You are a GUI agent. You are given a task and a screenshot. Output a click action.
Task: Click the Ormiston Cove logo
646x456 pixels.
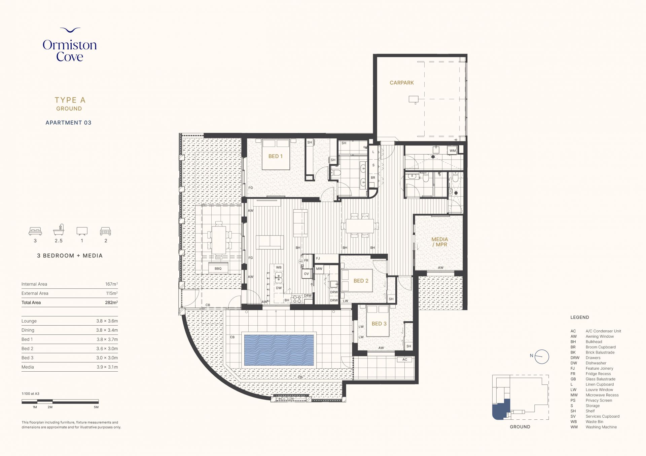70,45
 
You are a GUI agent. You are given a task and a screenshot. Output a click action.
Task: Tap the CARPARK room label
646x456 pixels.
402,83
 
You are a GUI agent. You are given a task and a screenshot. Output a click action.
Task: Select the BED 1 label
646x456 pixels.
275,156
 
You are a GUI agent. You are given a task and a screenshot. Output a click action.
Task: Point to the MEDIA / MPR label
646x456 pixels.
440,242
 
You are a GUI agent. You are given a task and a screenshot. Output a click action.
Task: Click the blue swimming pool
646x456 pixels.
279,350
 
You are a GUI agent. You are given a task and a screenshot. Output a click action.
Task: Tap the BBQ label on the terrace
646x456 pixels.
218,268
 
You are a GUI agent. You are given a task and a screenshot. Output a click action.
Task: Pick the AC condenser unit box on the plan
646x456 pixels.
405,360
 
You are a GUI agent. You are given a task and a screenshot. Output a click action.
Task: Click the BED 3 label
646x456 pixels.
379,324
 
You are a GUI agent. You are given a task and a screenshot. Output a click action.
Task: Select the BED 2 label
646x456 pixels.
361,281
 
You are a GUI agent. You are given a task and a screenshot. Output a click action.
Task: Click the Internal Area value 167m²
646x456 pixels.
111,284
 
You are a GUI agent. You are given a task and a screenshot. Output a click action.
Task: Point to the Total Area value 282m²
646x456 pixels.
111,302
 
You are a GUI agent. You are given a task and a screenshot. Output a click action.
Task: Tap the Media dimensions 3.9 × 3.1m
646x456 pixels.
107,367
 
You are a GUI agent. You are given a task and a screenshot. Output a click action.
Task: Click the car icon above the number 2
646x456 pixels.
105,231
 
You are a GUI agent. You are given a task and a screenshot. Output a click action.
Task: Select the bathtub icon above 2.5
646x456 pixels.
59,230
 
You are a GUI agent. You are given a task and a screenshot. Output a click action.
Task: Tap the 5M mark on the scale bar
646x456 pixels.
96,407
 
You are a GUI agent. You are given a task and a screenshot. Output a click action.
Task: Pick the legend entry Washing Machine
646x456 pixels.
601,427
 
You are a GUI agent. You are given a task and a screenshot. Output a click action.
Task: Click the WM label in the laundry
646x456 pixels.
453,151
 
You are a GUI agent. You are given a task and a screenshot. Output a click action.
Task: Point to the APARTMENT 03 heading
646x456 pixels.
69,123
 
